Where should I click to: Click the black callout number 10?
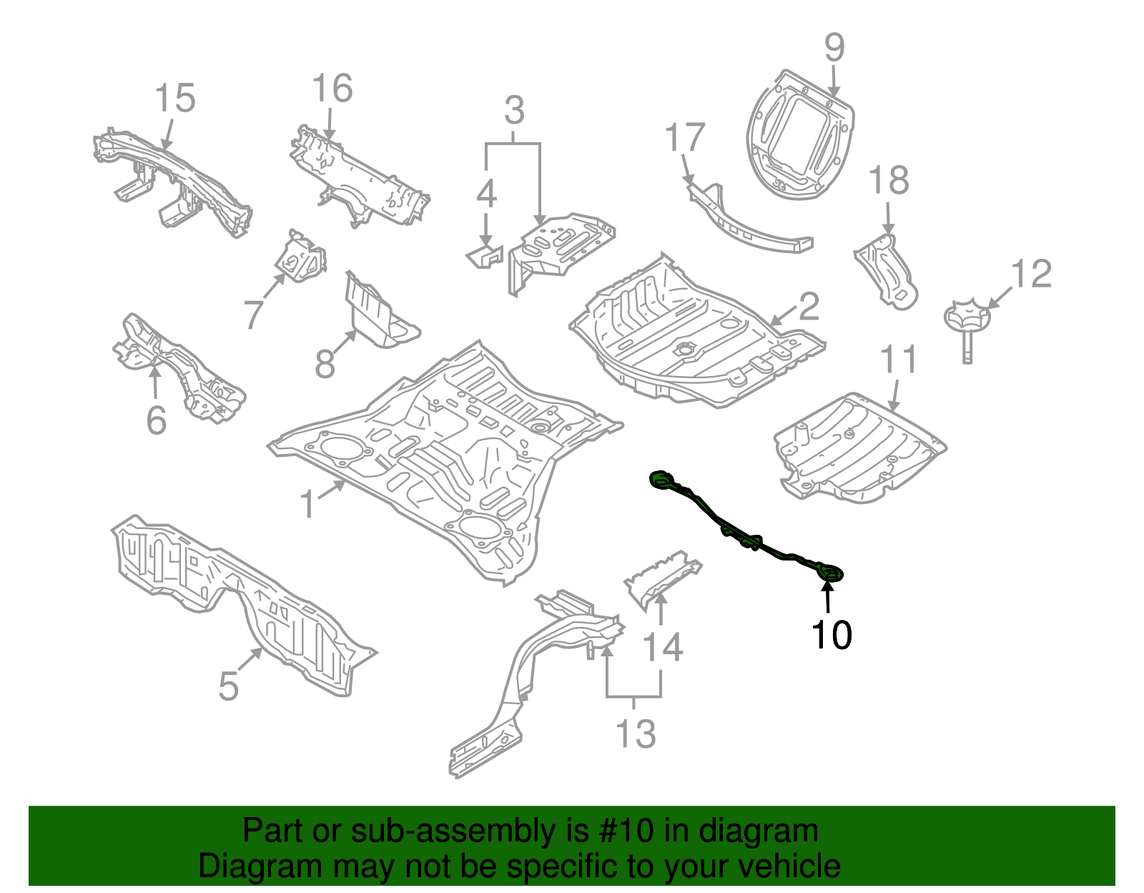pyautogui.click(x=831, y=635)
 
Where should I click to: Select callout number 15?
pyautogui.click(x=175, y=99)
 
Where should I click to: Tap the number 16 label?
pyautogui.click(x=332, y=89)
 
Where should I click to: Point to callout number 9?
pyautogui.click(x=834, y=48)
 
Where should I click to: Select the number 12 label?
pyautogui.click(x=1032, y=275)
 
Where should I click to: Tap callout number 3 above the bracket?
pyautogui.click(x=514, y=112)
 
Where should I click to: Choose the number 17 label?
pyautogui.click(x=685, y=138)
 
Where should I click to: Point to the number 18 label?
pyautogui.click(x=889, y=181)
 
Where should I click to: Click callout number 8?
pyautogui.click(x=325, y=364)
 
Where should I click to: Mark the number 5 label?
pyautogui.click(x=228, y=686)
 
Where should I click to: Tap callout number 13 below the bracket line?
pyautogui.click(x=635, y=734)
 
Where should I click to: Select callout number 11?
pyautogui.click(x=898, y=360)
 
